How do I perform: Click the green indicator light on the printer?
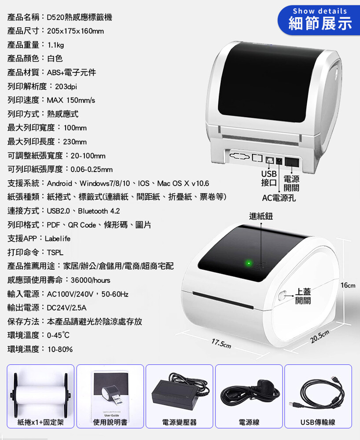[248, 263]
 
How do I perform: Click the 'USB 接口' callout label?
[269, 178]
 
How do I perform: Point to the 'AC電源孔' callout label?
[279, 198]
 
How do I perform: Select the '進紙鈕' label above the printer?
[261, 216]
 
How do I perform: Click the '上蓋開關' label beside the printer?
[303, 296]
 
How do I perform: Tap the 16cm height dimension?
[348, 286]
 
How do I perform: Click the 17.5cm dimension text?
[221, 343]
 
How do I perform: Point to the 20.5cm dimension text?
[320, 337]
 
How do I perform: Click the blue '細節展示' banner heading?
[320, 23]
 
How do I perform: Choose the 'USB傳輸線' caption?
[318, 422]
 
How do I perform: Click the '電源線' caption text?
[249, 422]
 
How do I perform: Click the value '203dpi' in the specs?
[66, 86]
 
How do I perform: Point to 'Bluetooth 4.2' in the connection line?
[99, 211]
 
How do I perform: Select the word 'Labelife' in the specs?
[58, 238]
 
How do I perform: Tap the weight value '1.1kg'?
[55, 45]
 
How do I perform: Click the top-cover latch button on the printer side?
[282, 296]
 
